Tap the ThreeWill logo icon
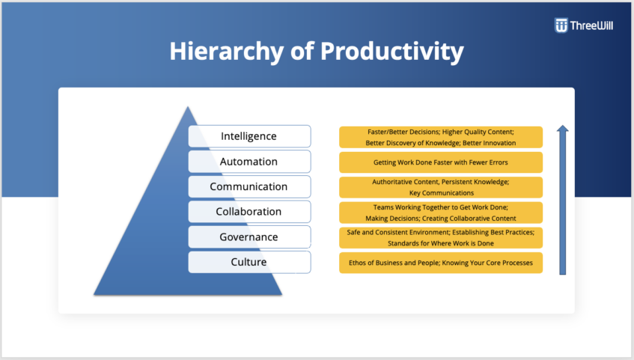561,25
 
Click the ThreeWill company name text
594,25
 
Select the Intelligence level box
249,136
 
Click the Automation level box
249,162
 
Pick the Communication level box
249,186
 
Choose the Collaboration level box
249,212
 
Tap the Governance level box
249,237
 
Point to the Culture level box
249,262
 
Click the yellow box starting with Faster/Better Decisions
441,137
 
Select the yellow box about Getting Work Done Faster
441,162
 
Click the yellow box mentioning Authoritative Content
441,187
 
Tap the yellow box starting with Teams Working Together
441,213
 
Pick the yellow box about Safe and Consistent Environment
441,237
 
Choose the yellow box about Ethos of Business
441,263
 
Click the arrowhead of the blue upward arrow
563,130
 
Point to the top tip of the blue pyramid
188,109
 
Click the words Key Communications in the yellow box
441,193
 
